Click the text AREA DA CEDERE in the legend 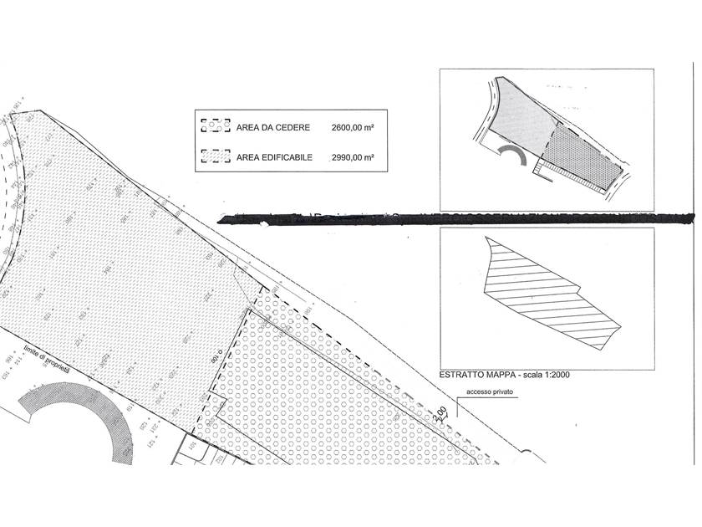(x=274, y=128)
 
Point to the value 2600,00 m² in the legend (x=352, y=128)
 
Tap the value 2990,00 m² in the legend (x=352, y=156)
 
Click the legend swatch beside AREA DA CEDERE (x=215, y=128)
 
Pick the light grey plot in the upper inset (x=524, y=117)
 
